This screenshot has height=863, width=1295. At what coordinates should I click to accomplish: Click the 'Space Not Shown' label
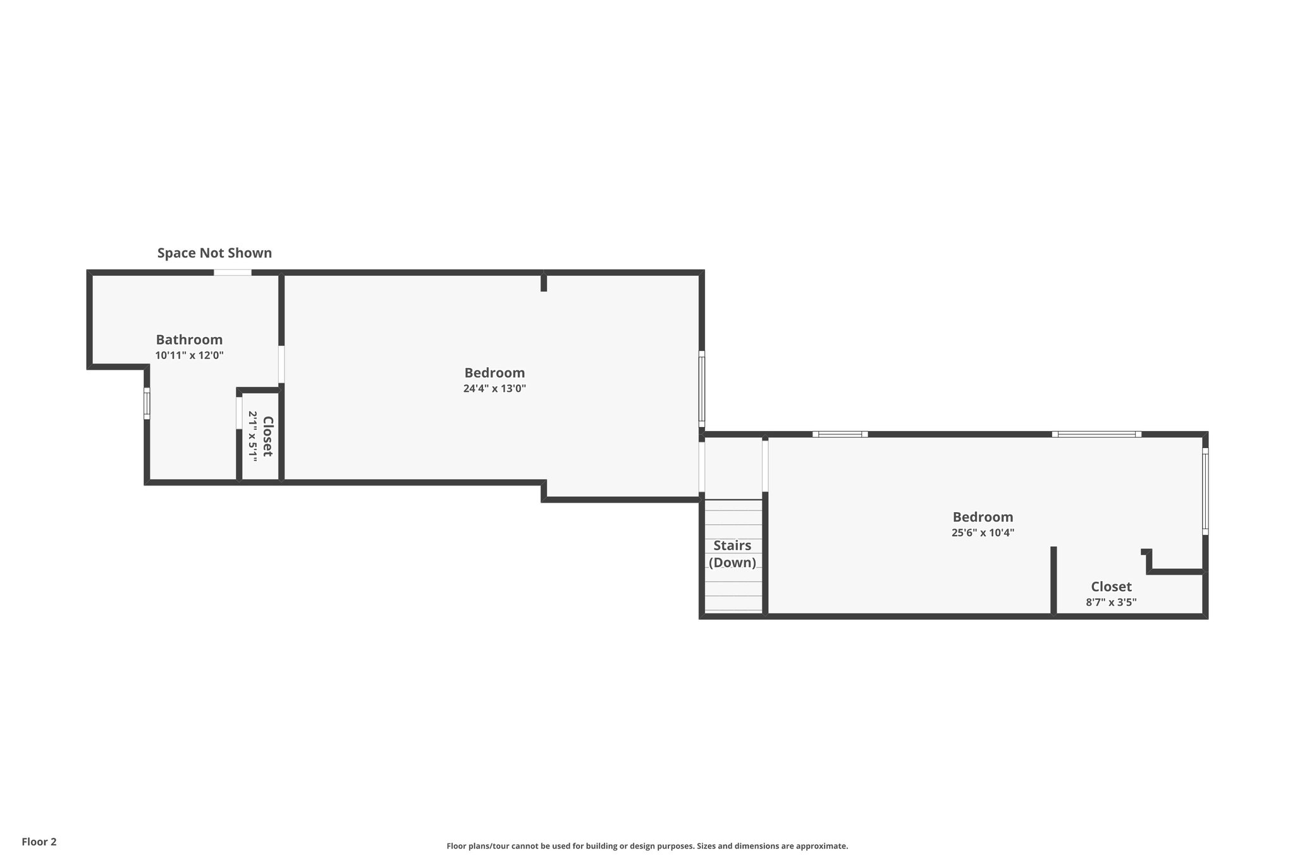tap(214, 253)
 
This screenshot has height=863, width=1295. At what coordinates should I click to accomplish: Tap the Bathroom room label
tap(189, 340)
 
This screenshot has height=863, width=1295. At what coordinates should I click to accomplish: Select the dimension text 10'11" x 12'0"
tap(189, 355)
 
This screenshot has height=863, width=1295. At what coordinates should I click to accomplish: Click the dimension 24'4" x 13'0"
tap(494, 389)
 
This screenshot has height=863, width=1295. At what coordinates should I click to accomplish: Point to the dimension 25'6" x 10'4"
tap(983, 533)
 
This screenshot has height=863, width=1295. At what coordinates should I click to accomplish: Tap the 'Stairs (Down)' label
tap(732, 554)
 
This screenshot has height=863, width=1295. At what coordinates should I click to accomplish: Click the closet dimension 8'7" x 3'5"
tap(1111, 603)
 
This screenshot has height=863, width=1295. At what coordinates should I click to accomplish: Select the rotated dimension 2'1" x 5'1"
tap(252, 436)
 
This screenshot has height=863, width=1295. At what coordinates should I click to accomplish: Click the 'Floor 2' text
tap(39, 842)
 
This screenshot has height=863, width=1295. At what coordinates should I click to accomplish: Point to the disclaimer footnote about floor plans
tap(647, 846)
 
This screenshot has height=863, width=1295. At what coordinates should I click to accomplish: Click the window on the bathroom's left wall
tap(147, 403)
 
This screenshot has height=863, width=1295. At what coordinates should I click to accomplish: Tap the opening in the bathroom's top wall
tap(232, 272)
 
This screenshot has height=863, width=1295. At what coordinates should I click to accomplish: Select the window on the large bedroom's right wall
tap(701, 389)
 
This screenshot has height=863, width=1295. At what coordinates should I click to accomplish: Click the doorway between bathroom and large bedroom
tap(281, 364)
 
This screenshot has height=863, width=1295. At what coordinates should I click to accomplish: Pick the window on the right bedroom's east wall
tap(1205, 491)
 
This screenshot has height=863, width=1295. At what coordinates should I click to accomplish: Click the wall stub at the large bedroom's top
tap(544, 282)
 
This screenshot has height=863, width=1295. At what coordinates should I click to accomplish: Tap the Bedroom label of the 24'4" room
tap(494, 372)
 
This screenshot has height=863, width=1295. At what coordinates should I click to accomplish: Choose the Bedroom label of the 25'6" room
tap(983, 517)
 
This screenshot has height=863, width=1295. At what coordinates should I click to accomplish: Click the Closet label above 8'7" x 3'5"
tap(1111, 586)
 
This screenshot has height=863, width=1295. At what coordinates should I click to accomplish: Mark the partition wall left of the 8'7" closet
tap(1053, 580)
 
